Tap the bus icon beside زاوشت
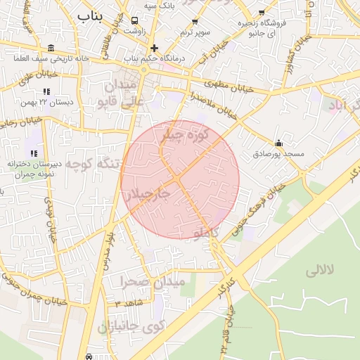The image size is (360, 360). point(134,20)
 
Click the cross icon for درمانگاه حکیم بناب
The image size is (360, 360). point(155,49)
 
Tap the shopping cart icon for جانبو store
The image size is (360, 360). point(262,13)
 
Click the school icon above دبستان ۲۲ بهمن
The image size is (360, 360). point(46,91)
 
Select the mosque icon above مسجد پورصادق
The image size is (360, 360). point(278,143)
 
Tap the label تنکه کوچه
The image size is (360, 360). point(98,164)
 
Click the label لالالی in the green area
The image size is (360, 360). point(321,270)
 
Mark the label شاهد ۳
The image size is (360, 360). point(129,303)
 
